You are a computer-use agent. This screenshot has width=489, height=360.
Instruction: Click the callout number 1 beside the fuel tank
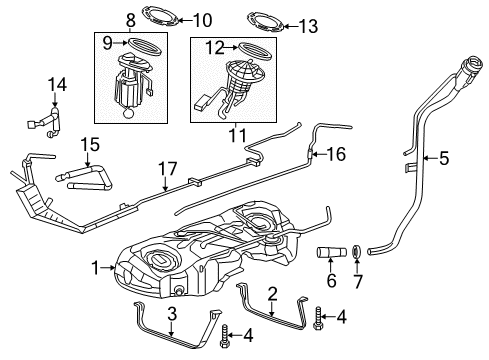[x=96, y=268]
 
